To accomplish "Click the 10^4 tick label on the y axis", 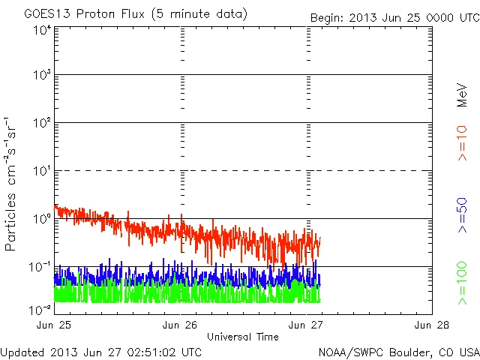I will pos(42,31).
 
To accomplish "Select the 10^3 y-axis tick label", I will pos(42,76).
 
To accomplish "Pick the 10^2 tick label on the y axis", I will pos(42,124).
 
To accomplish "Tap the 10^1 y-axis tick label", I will pos(42,172).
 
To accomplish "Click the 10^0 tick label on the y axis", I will pos(42,220).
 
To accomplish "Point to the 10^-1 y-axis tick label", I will pos(40,268).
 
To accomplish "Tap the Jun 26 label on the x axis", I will pos(181,325).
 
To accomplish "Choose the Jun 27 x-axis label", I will pos(306,325).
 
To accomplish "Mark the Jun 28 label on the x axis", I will pos(431,325).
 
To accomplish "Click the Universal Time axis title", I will pos(242,337).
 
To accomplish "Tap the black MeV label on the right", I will pos(462,96).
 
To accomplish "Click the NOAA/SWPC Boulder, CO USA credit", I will pos(397,351).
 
